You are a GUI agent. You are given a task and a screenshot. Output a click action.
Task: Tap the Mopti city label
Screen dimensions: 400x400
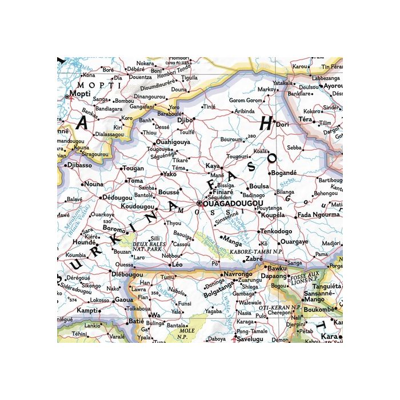[x=79, y=93]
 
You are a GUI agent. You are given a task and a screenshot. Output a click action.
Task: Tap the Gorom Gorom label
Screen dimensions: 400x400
[x=245, y=101]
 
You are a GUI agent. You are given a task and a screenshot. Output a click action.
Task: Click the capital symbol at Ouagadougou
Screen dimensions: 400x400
[x=199, y=203]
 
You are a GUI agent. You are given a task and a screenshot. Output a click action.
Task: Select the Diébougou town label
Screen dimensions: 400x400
[x=127, y=274]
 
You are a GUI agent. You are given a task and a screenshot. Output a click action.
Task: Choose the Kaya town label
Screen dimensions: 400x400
[x=213, y=166]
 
